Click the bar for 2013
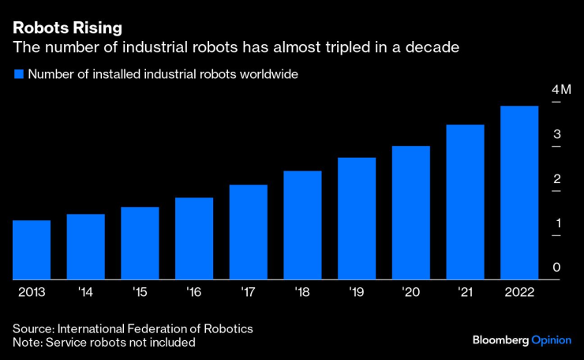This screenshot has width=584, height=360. point(32,249)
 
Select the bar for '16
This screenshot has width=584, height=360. point(194,238)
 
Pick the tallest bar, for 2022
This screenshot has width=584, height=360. point(519,193)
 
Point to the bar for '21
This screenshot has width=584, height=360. point(465,202)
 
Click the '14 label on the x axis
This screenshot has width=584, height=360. point(86,291)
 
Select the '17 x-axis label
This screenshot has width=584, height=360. point(249,291)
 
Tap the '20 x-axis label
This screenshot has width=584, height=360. point(411,291)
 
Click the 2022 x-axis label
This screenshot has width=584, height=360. point(519,291)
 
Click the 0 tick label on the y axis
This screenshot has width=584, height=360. point(556,268)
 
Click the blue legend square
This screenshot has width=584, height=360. point(17,74)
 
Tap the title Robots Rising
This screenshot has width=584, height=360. point(67,28)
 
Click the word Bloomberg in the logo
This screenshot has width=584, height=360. point(500,339)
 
